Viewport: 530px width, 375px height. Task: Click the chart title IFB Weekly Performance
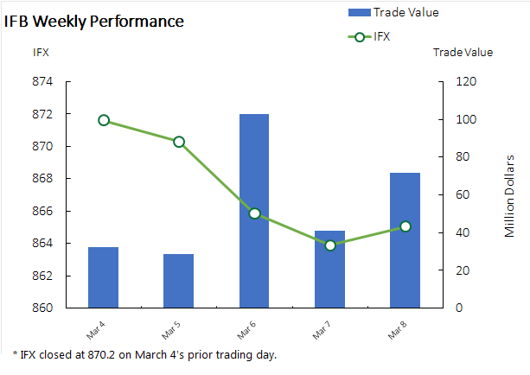[x=94, y=21]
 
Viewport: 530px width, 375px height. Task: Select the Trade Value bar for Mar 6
[x=254, y=211]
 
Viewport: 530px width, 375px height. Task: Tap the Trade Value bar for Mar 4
[x=103, y=277]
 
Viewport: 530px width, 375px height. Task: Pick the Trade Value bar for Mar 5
[x=178, y=281]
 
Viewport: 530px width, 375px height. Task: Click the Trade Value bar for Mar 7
[x=329, y=270]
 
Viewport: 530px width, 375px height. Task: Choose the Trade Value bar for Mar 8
[x=405, y=240]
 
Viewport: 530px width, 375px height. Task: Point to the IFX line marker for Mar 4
[x=104, y=120]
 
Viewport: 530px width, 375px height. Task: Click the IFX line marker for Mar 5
[x=179, y=142]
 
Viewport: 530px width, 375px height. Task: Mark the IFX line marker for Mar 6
[x=254, y=213]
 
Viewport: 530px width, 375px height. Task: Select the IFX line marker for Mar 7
[x=330, y=245]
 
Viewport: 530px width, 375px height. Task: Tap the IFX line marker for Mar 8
[x=405, y=226]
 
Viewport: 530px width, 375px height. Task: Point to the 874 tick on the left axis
[x=42, y=82]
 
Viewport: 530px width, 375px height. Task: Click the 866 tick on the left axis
[x=42, y=211]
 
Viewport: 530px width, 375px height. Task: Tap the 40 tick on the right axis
[x=461, y=232]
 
